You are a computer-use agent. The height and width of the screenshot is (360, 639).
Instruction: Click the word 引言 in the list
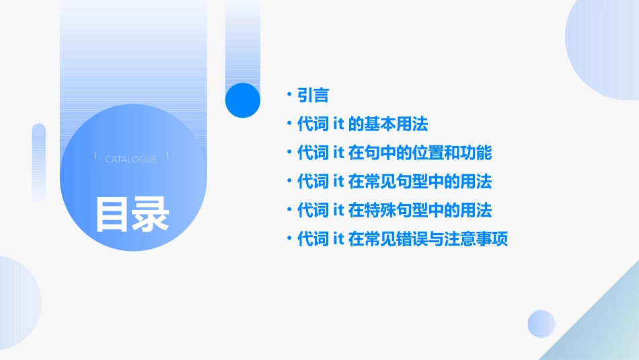(313, 95)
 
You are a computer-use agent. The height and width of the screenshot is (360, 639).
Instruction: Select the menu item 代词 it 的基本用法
(363, 124)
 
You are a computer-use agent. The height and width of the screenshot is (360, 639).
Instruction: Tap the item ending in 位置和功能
(394, 153)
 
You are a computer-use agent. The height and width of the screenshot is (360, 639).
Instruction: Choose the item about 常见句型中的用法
(394, 182)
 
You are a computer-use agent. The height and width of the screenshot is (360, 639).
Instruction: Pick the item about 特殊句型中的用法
(394, 211)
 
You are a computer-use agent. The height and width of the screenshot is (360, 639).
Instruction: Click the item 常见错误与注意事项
(402, 239)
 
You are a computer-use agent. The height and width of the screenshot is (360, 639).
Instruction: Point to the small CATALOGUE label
(131, 159)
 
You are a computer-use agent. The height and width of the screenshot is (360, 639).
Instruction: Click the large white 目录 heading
(132, 214)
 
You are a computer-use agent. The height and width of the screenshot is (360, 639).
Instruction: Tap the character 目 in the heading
(112, 214)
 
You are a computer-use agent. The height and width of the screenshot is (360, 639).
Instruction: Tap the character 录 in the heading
(151, 214)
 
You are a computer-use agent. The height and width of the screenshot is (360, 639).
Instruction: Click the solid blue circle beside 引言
(242, 100)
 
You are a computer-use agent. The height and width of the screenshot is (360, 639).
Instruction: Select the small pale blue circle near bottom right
(541, 324)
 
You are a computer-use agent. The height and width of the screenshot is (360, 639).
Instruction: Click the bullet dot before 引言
(289, 95)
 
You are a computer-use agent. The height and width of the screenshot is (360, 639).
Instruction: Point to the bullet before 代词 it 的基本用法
(289, 124)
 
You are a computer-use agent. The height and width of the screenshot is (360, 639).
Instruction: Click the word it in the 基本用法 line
(339, 124)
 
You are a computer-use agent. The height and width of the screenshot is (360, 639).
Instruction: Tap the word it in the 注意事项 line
(339, 239)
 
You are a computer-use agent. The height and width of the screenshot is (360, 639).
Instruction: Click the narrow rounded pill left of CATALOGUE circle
(39, 161)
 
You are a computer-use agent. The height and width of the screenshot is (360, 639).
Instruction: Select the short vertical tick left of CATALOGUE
(96, 155)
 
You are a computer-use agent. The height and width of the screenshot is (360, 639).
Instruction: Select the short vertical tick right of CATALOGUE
(167, 155)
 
